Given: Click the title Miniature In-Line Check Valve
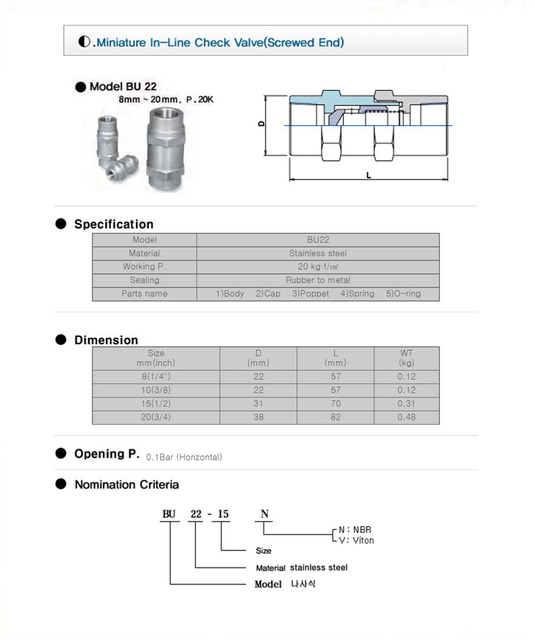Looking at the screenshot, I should coord(220,42).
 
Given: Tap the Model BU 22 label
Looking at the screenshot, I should coord(123,87).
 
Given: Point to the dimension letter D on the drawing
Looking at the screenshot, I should coord(261,124).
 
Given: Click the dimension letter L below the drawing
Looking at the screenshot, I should coord(369,175).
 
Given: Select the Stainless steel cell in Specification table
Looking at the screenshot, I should coord(318,253).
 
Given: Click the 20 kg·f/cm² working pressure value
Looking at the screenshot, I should coord(318,267).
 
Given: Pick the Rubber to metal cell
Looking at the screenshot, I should coord(318,280).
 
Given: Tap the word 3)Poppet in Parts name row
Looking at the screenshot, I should coord(310,294).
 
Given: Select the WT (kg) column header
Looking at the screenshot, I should coord(406,358).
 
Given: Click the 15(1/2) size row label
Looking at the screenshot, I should coord(155,404).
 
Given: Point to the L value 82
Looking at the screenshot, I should coord(336,417).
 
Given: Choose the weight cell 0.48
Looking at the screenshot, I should coord(406,417).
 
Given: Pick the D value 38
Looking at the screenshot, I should coord(258,417).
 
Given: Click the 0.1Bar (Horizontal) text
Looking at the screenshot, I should coord(184,457).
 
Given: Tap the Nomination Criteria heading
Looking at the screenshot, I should coord(127,484).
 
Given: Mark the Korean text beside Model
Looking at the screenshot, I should coord(303,584).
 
